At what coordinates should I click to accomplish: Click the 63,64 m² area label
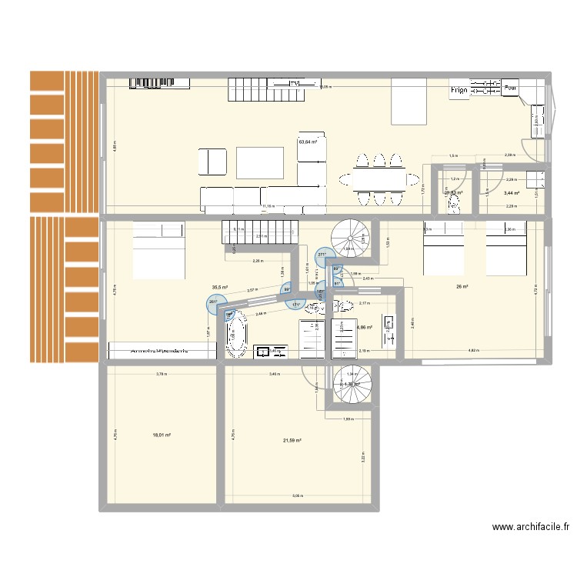coord(309,142)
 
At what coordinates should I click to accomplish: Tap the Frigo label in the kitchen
coord(459,91)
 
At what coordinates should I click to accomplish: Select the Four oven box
coord(509,90)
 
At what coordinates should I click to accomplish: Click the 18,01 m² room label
coord(162,435)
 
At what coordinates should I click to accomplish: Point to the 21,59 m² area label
coord(292,440)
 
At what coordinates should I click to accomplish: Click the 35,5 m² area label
coord(220,288)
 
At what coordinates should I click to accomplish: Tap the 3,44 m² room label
coord(511,193)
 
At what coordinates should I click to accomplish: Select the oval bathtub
coord(236,335)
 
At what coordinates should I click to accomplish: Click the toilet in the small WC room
coord(453,203)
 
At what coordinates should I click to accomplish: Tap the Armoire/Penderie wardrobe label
coord(162,351)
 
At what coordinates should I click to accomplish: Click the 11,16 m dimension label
coord(268,206)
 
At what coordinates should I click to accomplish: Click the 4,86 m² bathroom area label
coord(364,327)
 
